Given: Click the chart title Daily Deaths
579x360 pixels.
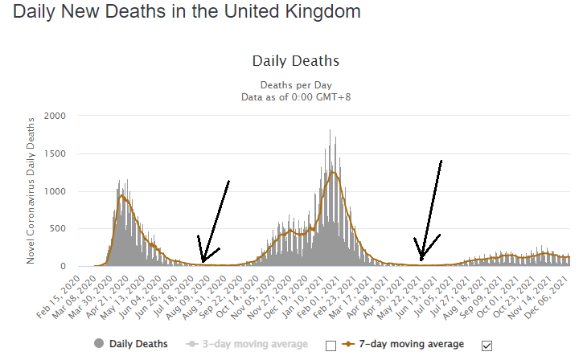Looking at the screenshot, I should (x=295, y=61).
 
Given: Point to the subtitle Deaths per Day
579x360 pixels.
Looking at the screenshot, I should (x=296, y=85).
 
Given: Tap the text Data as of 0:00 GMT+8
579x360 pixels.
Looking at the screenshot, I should (x=296, y=97).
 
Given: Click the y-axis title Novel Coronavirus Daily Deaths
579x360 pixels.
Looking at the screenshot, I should (x=32, y=190).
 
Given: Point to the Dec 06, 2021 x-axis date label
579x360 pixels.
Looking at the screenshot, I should (x=549, y=296).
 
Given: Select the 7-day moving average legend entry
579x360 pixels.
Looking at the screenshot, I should (x=412, y=344).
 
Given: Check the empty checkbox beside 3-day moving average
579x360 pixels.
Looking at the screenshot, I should (x=330, y=346).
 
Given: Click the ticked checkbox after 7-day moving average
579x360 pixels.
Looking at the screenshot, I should (x=486, y=346).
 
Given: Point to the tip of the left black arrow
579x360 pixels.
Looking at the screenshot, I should (x=203, y=261).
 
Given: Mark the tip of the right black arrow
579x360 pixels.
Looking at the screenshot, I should (x=421, y=260).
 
